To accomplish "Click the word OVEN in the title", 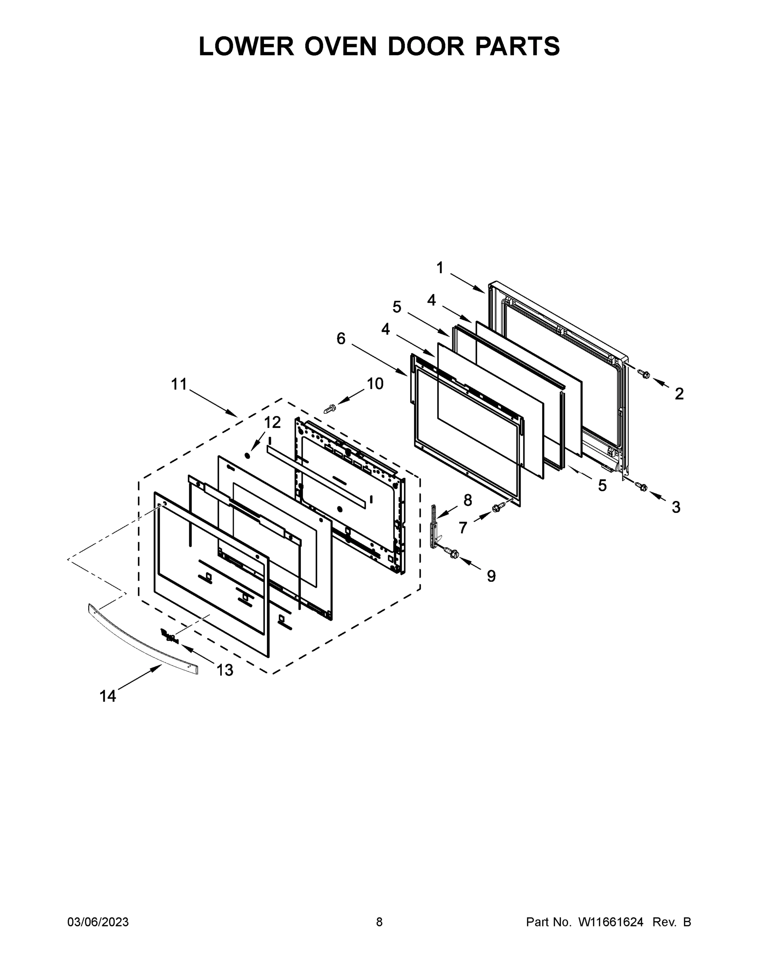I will coord(340,46).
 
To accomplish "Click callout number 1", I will coord(440,268).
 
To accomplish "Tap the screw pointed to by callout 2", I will coord(644,373).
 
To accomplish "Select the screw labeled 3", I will coord(641,486).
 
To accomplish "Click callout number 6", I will coord(341,339).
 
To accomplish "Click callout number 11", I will coord(179,384).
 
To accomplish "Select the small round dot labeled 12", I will coord(247,455).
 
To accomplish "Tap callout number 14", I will coord(108,696).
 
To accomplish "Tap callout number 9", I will coord(491,576).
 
